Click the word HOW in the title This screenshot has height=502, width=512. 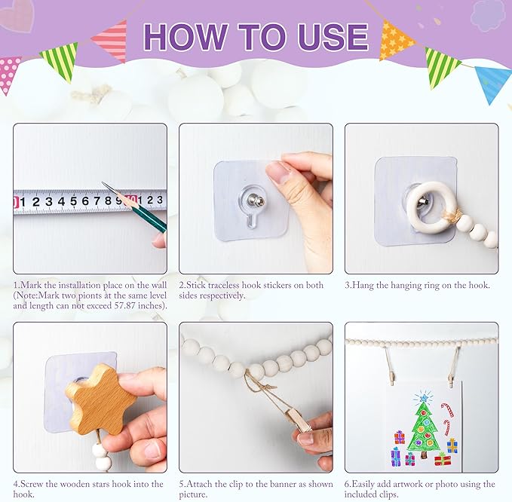(185, 36)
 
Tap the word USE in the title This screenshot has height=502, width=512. (333, 36)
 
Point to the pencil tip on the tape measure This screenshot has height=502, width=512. (103, 183)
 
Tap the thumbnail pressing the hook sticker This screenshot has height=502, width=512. (276, 173)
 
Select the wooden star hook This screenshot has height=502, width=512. (100, 399)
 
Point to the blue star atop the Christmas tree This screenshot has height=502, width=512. (424, 397)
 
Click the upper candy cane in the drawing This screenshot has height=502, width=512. (448, 409)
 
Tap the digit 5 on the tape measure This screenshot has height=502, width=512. (73, 201)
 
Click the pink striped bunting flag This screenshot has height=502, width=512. (111, 41)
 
